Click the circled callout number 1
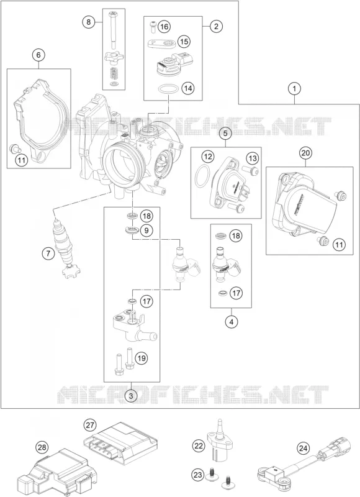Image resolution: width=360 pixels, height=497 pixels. [x=294, y=88]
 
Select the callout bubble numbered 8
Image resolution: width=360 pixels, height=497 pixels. [x=89, y=22]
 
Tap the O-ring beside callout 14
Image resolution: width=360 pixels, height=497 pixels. [x=167, y=89]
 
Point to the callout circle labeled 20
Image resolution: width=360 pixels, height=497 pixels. [x=305, y=153]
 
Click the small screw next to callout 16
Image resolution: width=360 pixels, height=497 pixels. [x=152, y=26]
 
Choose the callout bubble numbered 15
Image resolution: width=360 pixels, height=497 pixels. [x=184, y=41]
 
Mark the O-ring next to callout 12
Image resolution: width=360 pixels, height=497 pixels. [x=202, y=175]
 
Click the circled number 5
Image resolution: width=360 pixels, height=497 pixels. [x=225, y=134]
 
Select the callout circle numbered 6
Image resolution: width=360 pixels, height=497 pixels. [x=38, y=55]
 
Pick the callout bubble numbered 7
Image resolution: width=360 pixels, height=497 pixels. [x=48, y=253]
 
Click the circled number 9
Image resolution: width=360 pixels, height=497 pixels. [x=146, y=230]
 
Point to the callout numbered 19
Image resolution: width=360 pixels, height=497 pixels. [x=142, y=358]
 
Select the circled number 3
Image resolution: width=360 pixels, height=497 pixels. [x=132, y=395]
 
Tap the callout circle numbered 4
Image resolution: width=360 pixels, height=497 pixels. [x=232, y=322]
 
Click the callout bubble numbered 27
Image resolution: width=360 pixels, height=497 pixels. [x=90, y=425]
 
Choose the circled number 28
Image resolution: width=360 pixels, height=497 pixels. [x=42, y=447]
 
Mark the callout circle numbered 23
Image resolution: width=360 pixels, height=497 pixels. [x=198, y=475]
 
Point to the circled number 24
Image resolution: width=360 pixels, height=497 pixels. [x=303, y=449]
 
